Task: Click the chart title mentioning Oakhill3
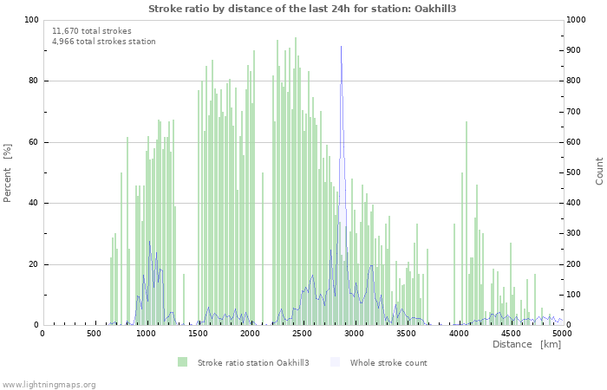(x=303, y=9)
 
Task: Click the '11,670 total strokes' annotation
(x=92, y=30)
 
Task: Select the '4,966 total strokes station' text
(x=104, y=41)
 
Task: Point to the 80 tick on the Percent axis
(x=32, y=81)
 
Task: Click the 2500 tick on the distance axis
(x=302, y=333)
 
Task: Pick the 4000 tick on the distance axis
(x=458, y=333)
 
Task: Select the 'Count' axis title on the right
(x=599, y=171)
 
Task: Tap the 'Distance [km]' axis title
(x=526, y=344)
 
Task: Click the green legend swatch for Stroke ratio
(x=182, y=361)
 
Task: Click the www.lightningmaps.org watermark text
(x=49, y=384)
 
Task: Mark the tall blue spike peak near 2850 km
(x=341, y=47)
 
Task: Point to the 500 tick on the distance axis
(x=94, y=333)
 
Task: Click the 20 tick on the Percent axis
(x=32, y=264)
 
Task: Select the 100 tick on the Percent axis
(x=30, y=20)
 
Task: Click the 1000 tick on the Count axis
(x=578, y=20)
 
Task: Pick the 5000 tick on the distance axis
(x=562, y=333)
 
